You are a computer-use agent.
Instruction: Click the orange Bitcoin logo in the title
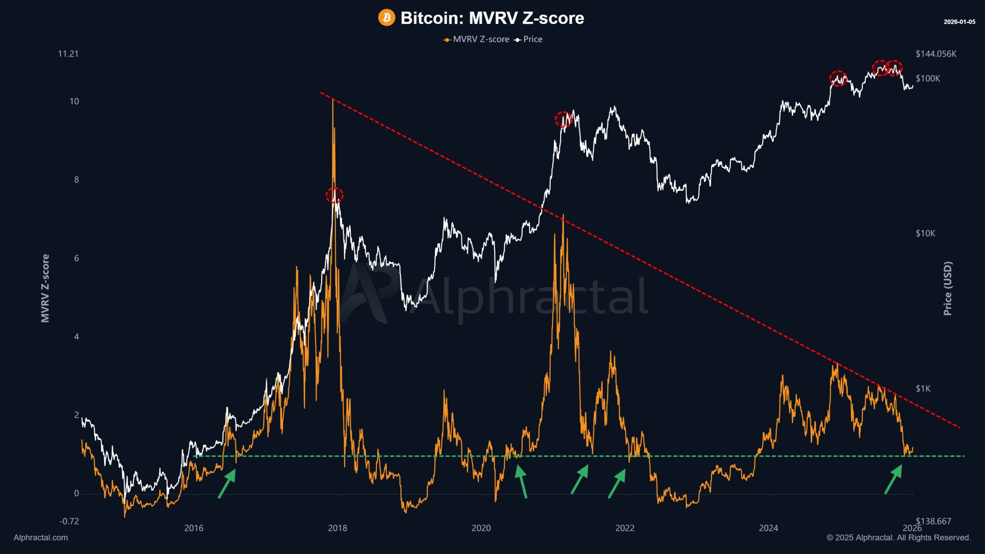coord(386,18)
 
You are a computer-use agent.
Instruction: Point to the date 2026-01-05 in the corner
coord(959,22)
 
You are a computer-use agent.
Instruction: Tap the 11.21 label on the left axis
coord(68,54)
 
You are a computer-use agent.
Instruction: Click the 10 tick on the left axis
coord(74,102)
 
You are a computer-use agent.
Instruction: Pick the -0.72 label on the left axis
coord(69,521)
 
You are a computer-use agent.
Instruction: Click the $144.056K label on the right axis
coord(936,54)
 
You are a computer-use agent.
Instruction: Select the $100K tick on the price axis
coord(928,78)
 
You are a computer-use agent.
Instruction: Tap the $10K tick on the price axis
coord(925,234)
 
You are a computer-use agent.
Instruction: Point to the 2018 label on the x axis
coord(337,528)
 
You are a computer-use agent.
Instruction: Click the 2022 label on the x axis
coord(624,528)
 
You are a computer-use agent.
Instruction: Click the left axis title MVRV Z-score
coord(45,288)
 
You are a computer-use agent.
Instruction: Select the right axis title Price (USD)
coord(947,289)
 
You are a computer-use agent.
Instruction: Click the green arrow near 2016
coord(227,484)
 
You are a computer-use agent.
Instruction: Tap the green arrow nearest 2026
coord(893,479)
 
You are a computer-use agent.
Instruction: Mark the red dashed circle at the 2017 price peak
coord(334,195)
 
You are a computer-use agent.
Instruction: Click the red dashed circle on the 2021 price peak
coord(563,120)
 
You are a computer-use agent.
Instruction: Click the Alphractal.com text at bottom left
coord(40,538)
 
